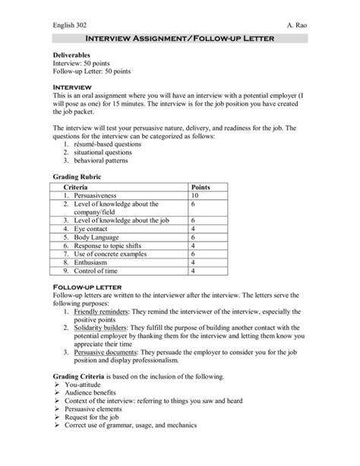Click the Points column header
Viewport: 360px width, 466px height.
201,187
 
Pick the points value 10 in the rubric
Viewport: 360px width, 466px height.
195,196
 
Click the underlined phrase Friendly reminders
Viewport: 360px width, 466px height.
103,312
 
